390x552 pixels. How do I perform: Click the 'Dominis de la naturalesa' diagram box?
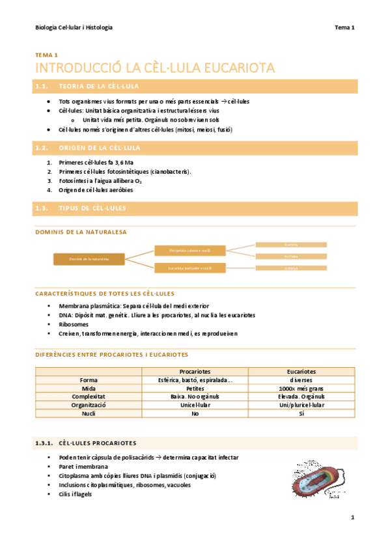pos(89,259)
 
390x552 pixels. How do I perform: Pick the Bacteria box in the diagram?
pos(291,244)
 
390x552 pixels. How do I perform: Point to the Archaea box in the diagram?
pos(291,256)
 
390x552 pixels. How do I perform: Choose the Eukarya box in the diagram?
pos(291,268)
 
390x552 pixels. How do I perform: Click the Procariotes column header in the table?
pos(195,371)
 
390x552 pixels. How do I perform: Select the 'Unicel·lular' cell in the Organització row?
pos(195,404)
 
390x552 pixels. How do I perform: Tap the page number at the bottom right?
pos(352,517)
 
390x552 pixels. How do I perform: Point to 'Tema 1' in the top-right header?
pos(344,27)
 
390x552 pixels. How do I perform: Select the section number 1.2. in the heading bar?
pos(42,148)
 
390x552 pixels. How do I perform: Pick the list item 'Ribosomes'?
pos(74,324)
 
